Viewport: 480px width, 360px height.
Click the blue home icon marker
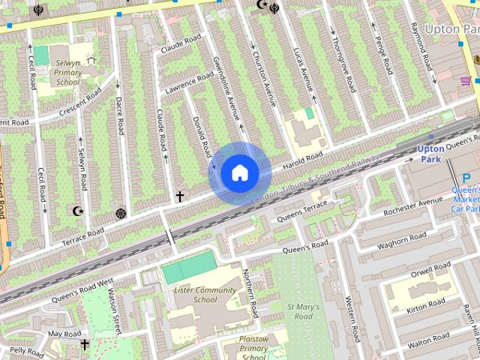(239, 172)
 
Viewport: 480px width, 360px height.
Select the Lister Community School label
(194, 294)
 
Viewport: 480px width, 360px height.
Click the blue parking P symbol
(466, 179)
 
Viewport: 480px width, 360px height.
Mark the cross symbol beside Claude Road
(179, 196)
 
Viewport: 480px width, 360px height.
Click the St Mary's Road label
(304, 311)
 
